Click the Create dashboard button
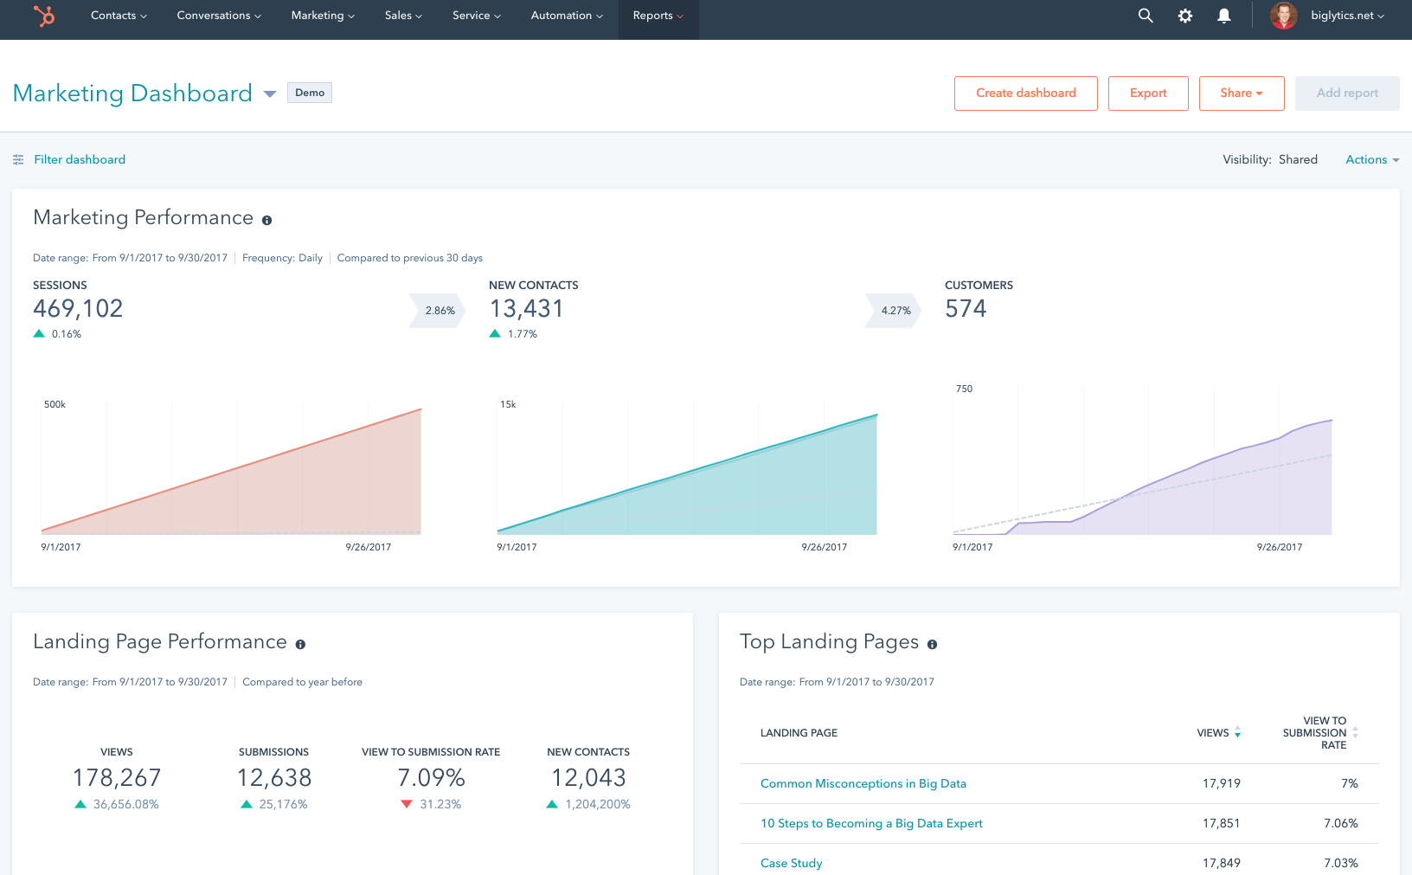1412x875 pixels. (1025, 93)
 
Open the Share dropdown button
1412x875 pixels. (1241, 93)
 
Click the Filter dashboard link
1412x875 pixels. (79, 159)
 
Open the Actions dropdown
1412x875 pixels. (1371, 159)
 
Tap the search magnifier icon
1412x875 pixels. (1146, 16)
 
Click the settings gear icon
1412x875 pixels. (1185, 16)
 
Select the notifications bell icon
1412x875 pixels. (1224, 16)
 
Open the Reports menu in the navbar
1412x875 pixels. (658, 16)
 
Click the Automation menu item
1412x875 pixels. (567, 16)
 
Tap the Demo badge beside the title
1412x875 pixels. (310, 93)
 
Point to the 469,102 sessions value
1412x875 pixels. (78, 309)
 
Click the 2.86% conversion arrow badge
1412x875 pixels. (439, 311)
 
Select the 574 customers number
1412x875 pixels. (966, 309)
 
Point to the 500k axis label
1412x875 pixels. (55, 404)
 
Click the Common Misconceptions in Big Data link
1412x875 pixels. (863, 783)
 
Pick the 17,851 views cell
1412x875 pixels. (1221, 823)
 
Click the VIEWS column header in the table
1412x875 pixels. (1213, 733)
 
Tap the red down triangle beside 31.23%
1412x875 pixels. (407, 804)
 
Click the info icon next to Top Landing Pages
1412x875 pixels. (932, 644)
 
